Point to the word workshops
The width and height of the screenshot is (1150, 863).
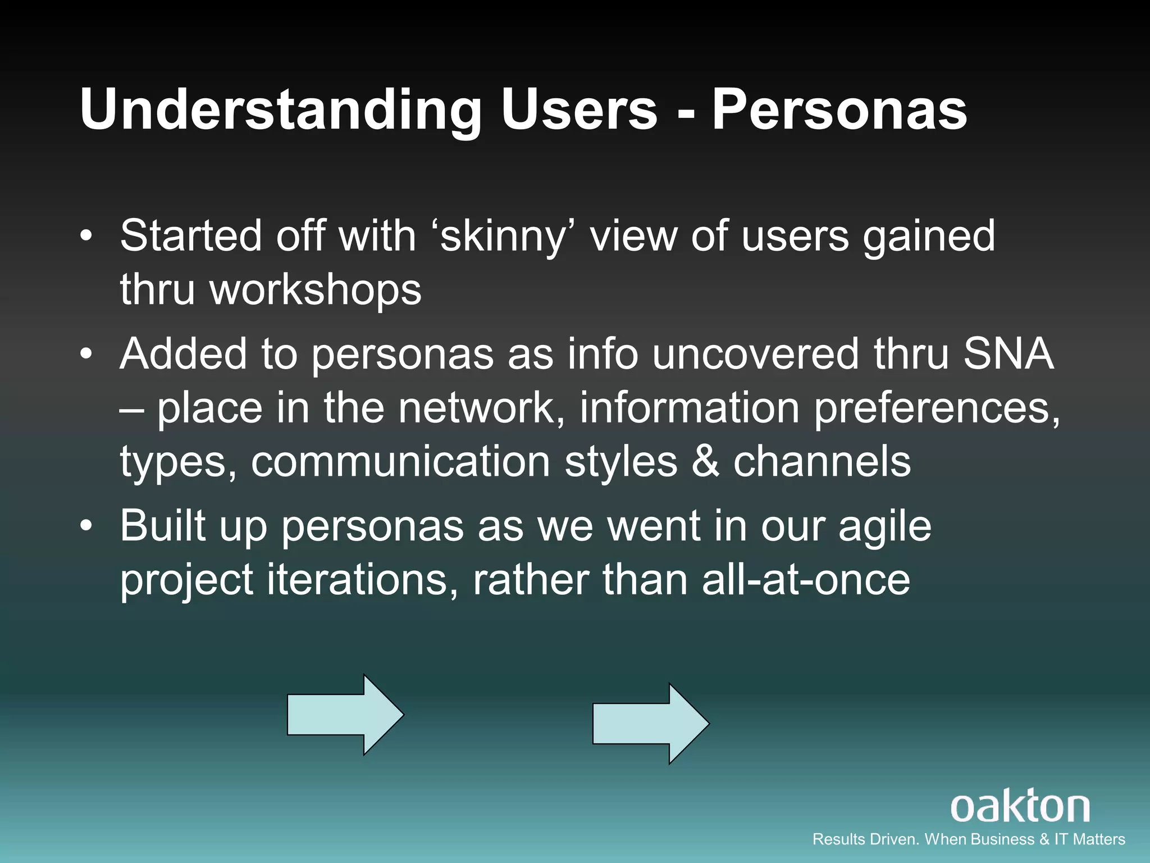pos(315,290)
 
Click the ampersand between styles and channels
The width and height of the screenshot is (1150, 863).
pos(705,462)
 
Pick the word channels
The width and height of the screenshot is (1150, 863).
pos(822,462)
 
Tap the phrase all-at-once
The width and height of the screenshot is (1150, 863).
pos(806,580)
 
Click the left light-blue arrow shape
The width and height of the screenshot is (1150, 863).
pos(345,715)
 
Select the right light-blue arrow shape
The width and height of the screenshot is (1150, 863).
pos(651,724)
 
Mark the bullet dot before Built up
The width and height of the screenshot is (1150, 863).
pos(85,527)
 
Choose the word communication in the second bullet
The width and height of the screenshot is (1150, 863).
pos(400,462)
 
